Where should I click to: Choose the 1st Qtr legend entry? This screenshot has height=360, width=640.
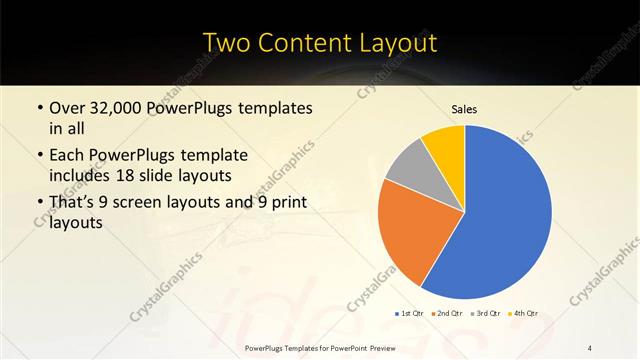[x=410, y=313]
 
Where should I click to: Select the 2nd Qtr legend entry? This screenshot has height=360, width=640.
[x=444, y=313]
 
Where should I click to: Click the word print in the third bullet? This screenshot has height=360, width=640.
[x=287, y=202]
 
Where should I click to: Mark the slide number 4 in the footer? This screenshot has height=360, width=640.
[x=590, y=347]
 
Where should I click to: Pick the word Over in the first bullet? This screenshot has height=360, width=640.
[x=67, y=107]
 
